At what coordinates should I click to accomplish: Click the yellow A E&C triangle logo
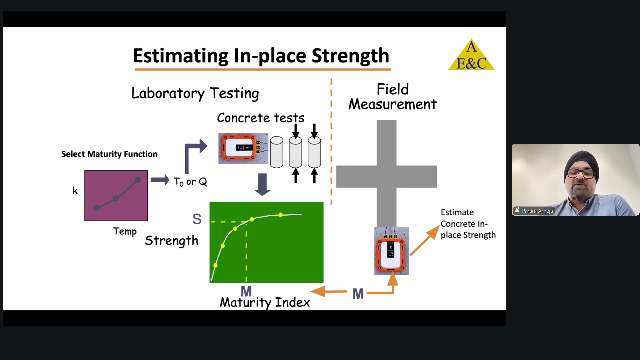[471, 55]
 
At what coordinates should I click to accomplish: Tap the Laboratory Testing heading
[195, 93]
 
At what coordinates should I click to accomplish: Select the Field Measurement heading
[393, 97]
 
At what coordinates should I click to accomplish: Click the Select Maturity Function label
[109, 154]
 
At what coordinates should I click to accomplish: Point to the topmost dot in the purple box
[138, 180]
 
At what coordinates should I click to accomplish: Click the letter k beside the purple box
[75, 191]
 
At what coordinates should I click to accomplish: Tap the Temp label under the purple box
[125, 231]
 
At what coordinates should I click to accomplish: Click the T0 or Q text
[190, 182]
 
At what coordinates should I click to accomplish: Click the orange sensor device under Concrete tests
[243, 148]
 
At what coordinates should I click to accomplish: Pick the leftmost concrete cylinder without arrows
[276, 152]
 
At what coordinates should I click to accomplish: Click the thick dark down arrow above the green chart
[262, 184]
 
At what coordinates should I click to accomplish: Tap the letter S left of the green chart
[197, 219]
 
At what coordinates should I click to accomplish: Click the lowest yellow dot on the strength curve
[215, 265]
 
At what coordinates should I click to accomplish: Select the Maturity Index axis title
[265, 302]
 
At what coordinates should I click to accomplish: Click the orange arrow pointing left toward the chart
[328, 291]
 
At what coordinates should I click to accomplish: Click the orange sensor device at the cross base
[391, 251]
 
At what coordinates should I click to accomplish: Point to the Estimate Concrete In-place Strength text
[468, 224]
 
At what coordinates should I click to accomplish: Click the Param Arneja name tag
[534, 211]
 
